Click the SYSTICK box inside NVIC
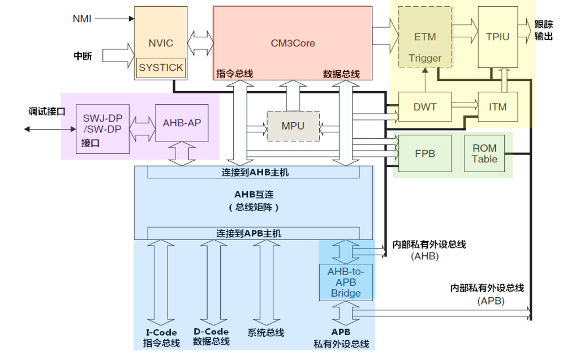click(161, 67)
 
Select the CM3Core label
click(293, 42)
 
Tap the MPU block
click(293, 126)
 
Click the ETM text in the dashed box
click(426, 37)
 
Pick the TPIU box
click(497, 37)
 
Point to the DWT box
click(425, 106)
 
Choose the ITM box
click(497, 106)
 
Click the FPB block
click(425, 153)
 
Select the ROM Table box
click(484, 153)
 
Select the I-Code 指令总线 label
click(161, 338)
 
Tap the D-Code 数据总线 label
click(212, 337)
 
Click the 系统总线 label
click(266, 333)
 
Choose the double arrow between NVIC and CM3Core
click(201, 41)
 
